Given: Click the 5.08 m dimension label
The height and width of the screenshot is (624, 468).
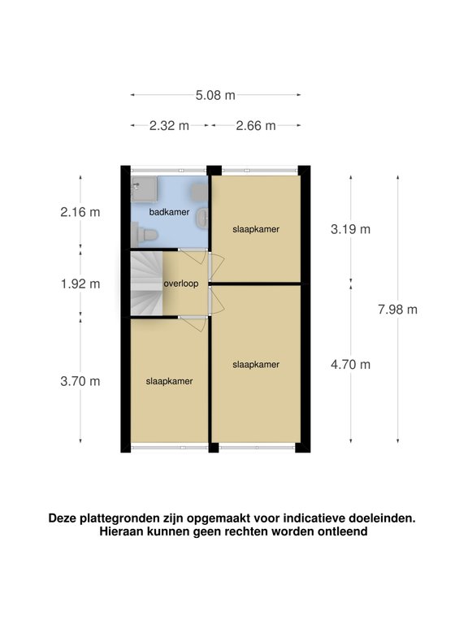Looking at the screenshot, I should (x=215, y=95).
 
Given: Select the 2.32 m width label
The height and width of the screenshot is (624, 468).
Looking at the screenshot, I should (x=169, y=125).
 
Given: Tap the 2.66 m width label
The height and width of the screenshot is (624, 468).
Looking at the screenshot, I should (x=255, y=125).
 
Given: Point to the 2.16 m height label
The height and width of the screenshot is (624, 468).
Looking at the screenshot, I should (x=80, y=213).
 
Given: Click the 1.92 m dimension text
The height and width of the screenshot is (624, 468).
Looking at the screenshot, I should (x=80, y=284).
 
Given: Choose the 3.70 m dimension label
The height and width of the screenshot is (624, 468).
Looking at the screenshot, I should (x=80, y=381).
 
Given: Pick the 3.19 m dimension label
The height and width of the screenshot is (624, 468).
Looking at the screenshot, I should (x=350, y=229).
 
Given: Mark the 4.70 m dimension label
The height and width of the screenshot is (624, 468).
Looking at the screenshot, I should (x=350, y=363).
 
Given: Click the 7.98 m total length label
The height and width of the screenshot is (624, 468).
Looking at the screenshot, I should (x=397, y=309).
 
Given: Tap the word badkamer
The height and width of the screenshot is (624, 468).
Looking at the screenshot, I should (x=170, y=212).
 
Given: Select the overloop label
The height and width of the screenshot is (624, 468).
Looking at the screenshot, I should (x=181, y=284).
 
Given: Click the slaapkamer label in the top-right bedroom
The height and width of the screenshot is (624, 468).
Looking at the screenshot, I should (x=255, y=229).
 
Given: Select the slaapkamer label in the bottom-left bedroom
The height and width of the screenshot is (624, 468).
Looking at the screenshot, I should (x=170, y=381).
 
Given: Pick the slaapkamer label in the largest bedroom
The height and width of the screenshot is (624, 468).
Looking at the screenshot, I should (x=255, y=365).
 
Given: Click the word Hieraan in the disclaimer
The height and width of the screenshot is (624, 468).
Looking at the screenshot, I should (x=122, y=532).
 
